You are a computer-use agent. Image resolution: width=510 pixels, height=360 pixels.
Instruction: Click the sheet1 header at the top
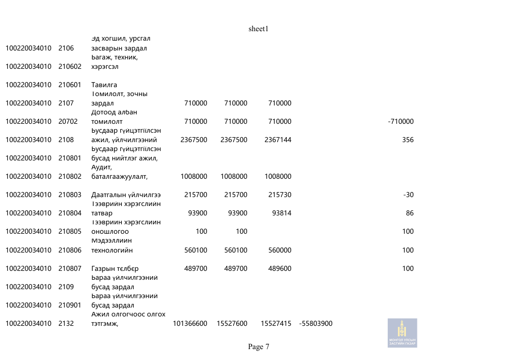(x=258, y=29)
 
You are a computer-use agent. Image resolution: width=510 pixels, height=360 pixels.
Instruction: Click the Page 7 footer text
(x=258, y=347)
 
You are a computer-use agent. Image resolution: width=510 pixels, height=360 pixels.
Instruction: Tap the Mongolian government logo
(x=402, y=333)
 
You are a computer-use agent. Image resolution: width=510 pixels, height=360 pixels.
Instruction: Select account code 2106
(x=66, y=48)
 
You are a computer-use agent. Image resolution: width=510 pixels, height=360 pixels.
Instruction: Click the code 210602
(x=70, y=66)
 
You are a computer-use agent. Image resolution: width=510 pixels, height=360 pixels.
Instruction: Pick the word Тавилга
(x=104, y=85)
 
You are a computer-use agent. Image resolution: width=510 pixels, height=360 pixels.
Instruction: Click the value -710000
(x=401, y=121)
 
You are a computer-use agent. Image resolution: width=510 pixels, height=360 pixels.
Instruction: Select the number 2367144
(x=278, y=140)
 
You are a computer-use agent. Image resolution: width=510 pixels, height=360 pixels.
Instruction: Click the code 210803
(x=70, y=195)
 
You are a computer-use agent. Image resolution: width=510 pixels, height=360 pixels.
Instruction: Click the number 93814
(x=282, y=213)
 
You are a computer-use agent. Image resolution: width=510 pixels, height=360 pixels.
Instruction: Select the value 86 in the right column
(x=409, y=213)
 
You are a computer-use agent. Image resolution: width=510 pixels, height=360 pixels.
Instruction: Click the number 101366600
(x=190, y=323)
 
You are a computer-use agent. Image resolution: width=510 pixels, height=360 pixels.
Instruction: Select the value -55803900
(x=316, y=323)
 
